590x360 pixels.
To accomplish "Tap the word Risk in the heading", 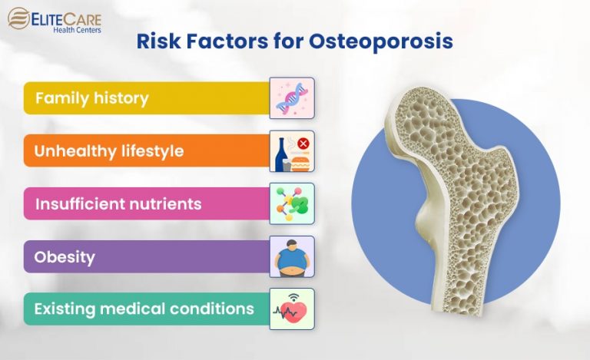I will (x=157, y=41).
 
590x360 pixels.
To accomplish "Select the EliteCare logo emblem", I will (x=19, y=18).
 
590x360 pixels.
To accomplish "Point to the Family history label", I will (x=91, y=98).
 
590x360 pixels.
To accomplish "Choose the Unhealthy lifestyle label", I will (x=109, y=151).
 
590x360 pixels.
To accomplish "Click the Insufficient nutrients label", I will (x=118, y=204).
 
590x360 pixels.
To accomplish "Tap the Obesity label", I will (x=65, y=257).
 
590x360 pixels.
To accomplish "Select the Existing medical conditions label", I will (x=144, y=309).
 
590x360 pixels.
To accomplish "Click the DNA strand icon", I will (x=292, y=97).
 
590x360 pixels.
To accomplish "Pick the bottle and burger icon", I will (x=292, y=151).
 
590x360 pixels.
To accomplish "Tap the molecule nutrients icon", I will (x=292, y=203).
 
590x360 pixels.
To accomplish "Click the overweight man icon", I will (x=292, y=257).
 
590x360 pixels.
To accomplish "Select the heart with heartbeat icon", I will (x=292, y=309).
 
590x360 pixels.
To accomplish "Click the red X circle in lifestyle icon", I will (x=303, y=144).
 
